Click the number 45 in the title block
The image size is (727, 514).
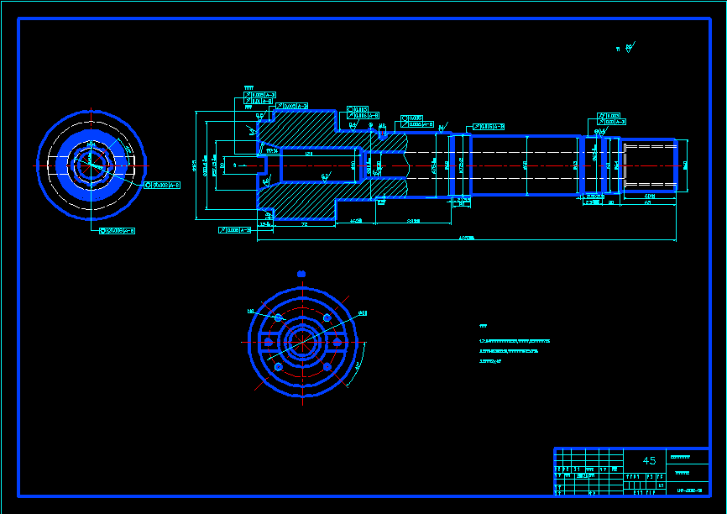point(649,460)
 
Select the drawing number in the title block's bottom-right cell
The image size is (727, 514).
point(689,489)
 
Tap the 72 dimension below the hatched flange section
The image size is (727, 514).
point(304,225)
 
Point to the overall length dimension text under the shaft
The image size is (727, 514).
point(467,239)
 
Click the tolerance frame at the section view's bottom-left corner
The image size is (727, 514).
point(235,229)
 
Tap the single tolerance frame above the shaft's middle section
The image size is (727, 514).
point(489,126)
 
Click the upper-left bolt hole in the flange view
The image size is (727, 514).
point(279,318)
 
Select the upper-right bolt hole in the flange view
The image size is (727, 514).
point(326,318)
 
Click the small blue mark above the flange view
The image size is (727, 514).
point(301,273)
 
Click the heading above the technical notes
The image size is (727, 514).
point(483,325)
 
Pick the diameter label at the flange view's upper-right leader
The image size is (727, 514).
point(363,312)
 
